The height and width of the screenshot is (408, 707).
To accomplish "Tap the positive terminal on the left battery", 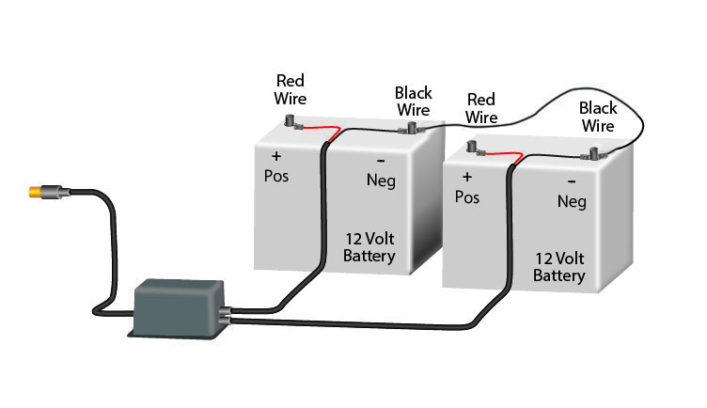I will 291,122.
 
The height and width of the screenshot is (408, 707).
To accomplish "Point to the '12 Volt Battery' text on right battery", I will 559,267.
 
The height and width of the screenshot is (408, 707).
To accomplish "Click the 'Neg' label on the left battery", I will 381,180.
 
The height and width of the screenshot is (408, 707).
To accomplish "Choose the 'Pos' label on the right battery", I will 467,197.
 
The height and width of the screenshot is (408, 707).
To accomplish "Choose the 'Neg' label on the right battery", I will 572,201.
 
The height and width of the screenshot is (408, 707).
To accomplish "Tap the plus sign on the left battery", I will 276,155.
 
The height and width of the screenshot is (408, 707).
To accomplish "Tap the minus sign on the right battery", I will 573,180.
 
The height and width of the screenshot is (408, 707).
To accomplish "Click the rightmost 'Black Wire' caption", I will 598,117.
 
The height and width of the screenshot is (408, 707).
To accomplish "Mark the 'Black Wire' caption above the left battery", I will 413,101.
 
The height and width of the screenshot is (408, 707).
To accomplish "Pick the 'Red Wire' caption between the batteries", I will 481,108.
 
